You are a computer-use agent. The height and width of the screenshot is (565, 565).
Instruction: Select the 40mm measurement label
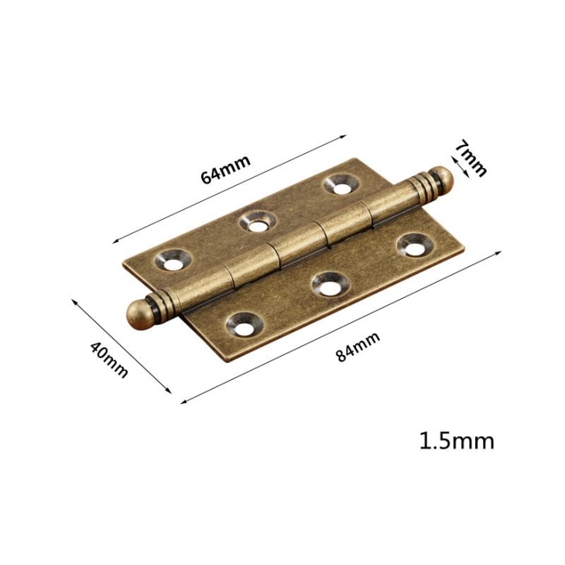tap(109, 358)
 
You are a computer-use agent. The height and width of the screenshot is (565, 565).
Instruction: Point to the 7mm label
tap(471, 158)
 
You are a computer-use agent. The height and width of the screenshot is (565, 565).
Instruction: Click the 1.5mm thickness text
tap(456, 441)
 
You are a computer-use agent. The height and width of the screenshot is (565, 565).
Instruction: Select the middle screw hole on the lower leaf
tap(329, 285)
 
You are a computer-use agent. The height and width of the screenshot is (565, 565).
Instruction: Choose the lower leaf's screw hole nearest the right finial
tap(412, 245)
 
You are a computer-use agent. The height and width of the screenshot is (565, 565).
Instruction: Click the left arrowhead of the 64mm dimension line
tap(116, 241)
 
